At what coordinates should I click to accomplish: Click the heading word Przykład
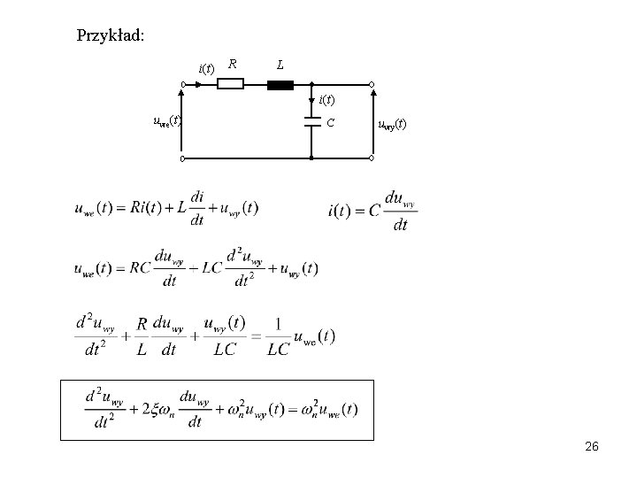point(110,35)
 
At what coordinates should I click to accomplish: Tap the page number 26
point(592,446)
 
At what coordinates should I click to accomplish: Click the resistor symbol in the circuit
point(230,84)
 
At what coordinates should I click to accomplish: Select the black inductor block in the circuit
point(280,85)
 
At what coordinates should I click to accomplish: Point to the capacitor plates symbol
point(312,122)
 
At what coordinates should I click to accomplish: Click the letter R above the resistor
point(233,64)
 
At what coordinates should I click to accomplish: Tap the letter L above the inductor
point(280,65)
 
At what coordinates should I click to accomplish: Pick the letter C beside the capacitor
point(330,122)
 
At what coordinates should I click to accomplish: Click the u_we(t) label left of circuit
point(167,120)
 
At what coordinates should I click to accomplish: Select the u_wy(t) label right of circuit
point(392,124)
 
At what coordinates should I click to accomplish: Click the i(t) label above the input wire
point(206,69)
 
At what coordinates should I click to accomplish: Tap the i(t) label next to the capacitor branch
point(326,99)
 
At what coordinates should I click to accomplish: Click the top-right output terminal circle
point(372,85)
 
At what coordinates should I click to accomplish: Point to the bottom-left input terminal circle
point(183,158)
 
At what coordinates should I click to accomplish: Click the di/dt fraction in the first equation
point(197,208)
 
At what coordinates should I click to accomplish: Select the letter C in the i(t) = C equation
point(374,211)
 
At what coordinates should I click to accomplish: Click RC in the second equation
point(140,268)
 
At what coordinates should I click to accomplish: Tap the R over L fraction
point(142,336)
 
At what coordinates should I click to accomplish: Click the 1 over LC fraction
point(278,336)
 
